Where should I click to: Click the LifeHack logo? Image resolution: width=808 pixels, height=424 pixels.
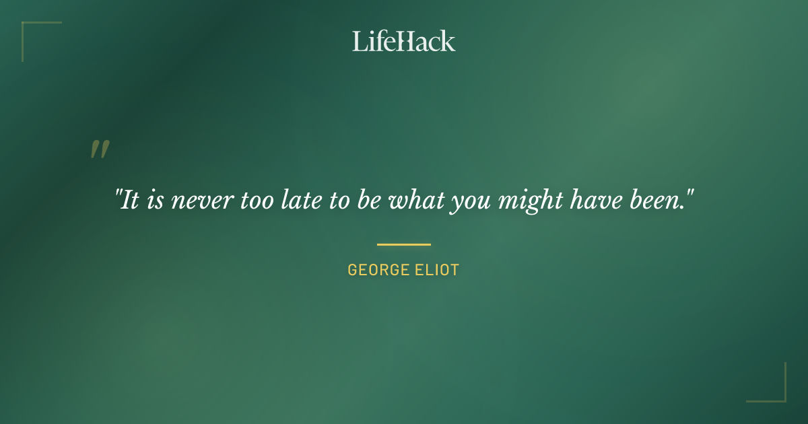403,41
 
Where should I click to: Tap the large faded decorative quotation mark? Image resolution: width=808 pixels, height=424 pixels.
100,149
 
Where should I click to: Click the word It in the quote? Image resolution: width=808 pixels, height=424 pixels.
130,201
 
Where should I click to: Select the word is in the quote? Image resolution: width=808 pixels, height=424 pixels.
155,201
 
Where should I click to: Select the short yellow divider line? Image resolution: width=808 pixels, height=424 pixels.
403,244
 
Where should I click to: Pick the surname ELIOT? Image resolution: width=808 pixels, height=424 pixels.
436,271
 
